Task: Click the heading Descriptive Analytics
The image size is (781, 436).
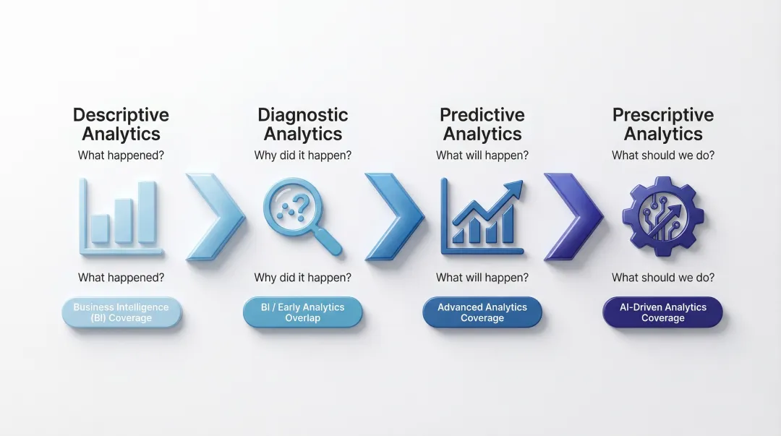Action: point(121,124)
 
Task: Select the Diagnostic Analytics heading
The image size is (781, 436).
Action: point(302,124)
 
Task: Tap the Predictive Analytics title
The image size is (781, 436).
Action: point(482,124)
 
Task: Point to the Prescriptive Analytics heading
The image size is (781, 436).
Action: point(663,124)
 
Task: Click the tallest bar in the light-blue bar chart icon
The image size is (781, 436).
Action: point(147,211)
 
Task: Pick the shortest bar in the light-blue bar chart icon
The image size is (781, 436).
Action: point(101,228)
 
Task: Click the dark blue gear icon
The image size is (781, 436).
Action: point(662,215)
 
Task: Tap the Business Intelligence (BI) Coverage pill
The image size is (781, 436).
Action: point(121,313)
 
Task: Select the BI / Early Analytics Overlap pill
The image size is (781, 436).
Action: point(302,313)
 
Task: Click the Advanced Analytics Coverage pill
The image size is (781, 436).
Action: point(482,313)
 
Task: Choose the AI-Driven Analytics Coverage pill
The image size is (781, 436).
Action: point(662,313)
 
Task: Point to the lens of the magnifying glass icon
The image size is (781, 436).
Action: point(290,207)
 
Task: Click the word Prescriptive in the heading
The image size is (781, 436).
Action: point(663,115)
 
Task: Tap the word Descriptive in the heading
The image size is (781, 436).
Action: point(121,115)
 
